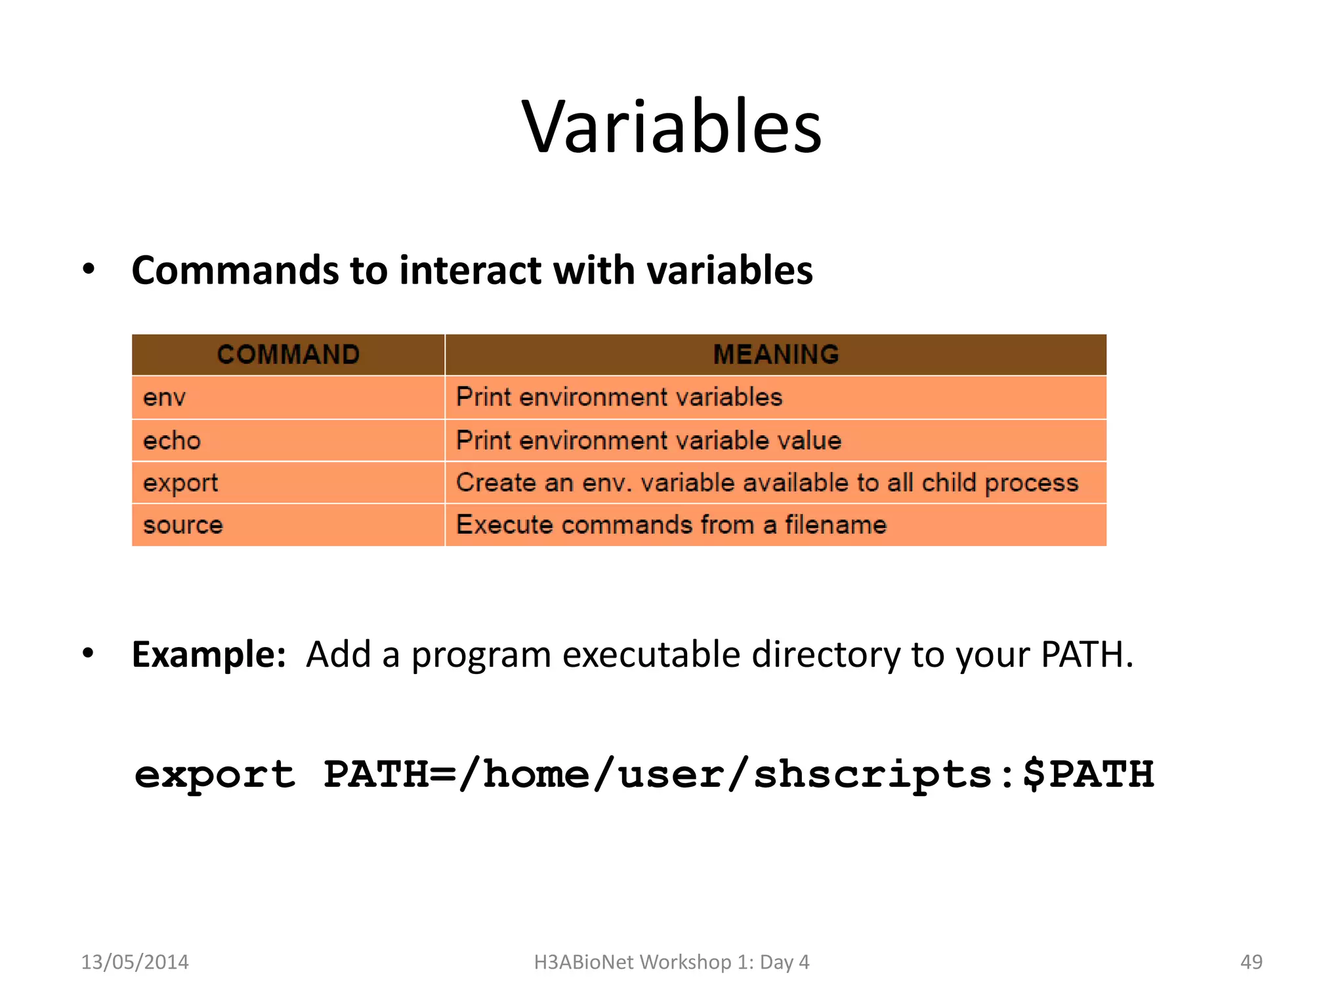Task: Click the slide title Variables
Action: [x=671, y=126]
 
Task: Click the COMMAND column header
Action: [x=288, y=354]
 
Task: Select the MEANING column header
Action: [x=776, y=354]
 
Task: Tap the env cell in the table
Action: [x=164, y=397]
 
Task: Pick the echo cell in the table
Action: [x=172, y=440]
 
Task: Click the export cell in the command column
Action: [x=180, y=483]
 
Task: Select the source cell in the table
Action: [x=183, y=525]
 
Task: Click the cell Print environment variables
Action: [x=619, y=397]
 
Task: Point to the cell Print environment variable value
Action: [x=648, y=440]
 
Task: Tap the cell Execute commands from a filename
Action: [x=671, y=525]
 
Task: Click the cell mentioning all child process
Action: [x=766, y=483]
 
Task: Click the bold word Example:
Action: [x=209, y=654]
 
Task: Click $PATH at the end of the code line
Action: [x=1087, y=774]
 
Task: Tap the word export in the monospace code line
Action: [x=215, y=775]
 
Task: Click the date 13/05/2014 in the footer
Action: [x=135, y=962]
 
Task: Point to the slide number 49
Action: [x=1251, y=962]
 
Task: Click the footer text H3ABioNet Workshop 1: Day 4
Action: [x=671, y=962]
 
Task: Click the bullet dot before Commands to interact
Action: [x=89, y=269]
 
